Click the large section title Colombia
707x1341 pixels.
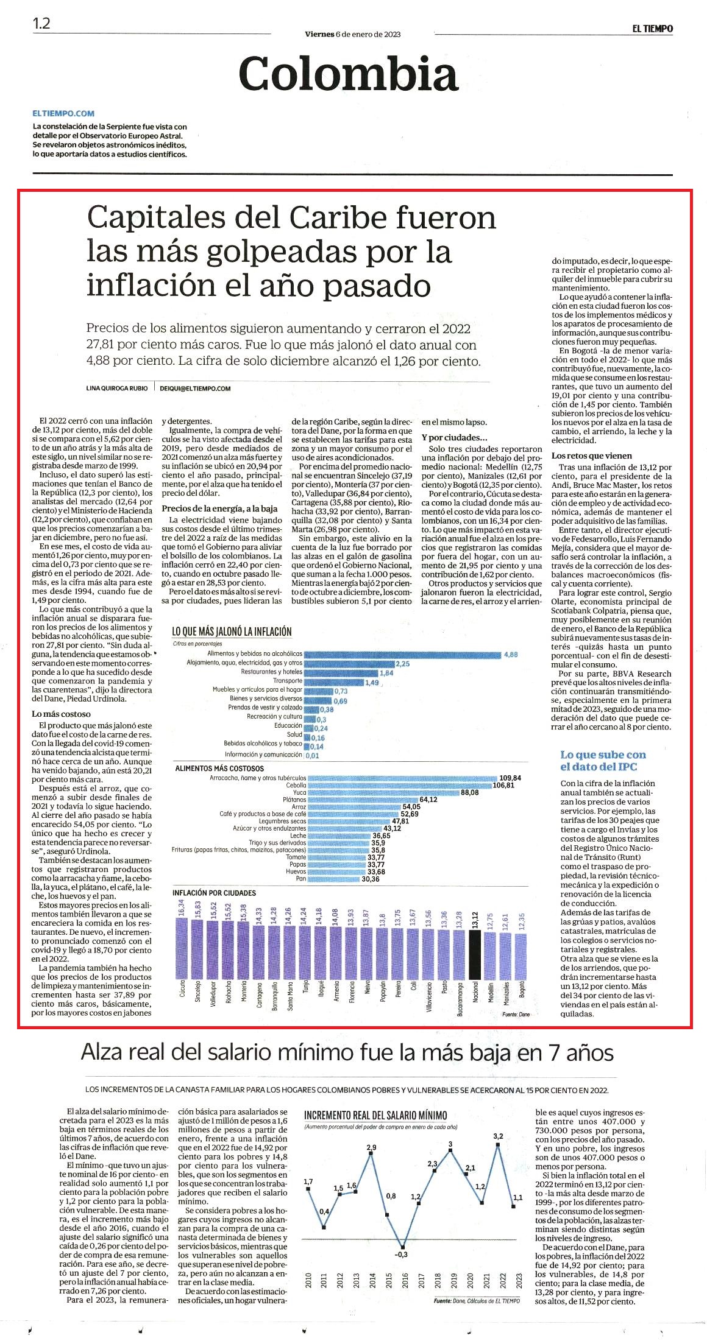click(x=348, y=73)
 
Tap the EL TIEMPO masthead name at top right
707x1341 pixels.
click(x=652, y=29)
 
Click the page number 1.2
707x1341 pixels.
click(x=41, y=24)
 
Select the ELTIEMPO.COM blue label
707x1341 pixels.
click(x=63, y=113)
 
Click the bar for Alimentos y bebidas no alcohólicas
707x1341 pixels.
click(x=402, y=654)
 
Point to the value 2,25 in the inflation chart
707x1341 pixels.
click(x=402, y=664)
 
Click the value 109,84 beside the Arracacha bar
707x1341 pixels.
click(x=510, y=778)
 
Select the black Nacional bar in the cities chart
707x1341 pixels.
click(x=475, y=962)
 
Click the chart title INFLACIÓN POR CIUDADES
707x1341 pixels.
click(x=214, y=893)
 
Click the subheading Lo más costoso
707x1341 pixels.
click(x=61, y=714)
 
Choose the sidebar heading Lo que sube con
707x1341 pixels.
click(x=603, y=755)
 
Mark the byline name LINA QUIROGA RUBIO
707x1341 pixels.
click(x=117, y=389)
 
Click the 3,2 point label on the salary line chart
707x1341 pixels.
click(x=498, y=1136)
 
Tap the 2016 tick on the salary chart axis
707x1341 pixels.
click(x=405, y=1281)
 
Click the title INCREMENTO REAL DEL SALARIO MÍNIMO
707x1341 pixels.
click(x=375, y=1115)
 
